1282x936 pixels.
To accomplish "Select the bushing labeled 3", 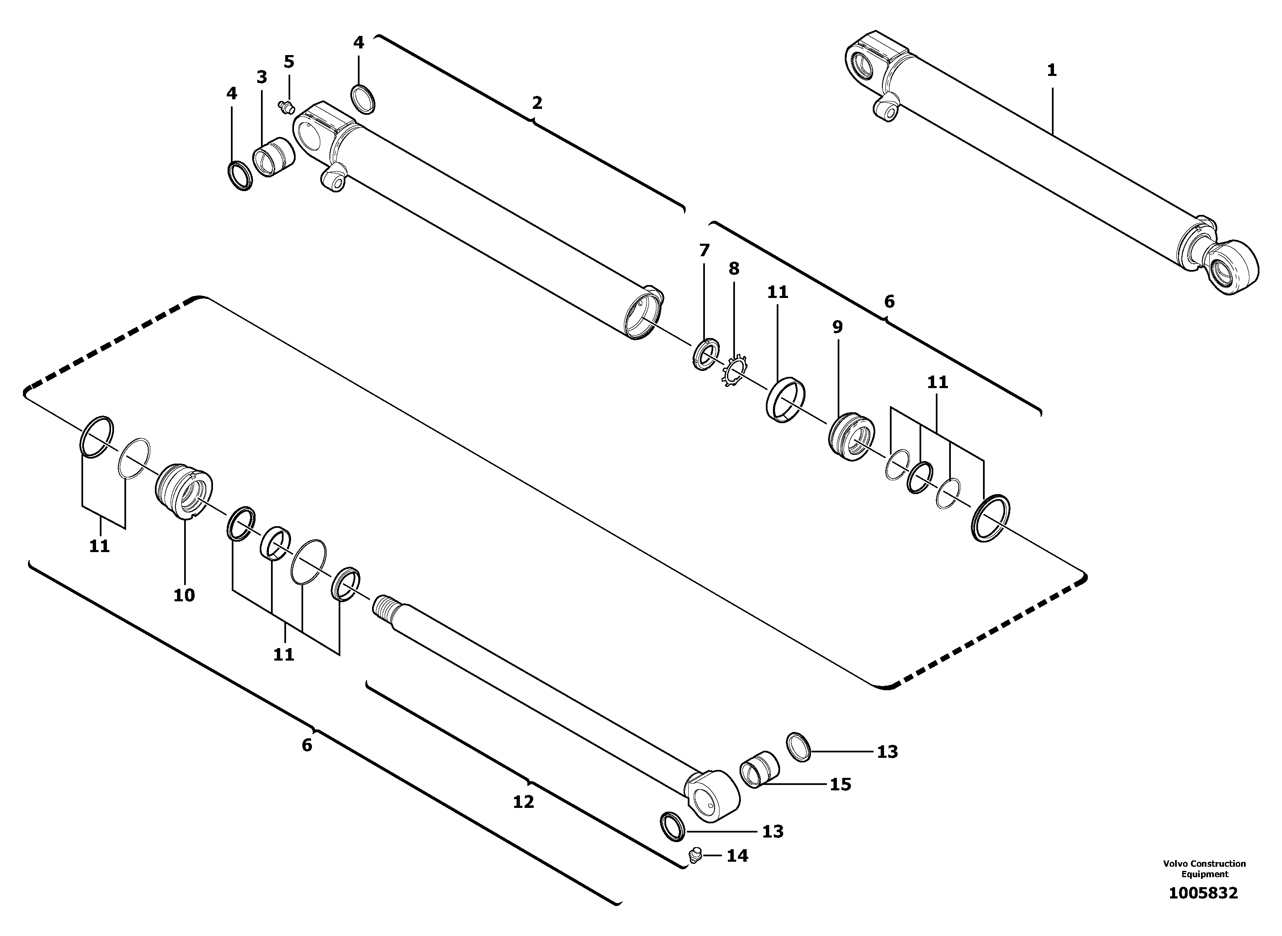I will tap(274, 156).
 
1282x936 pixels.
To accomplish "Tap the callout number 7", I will tap(704, 250).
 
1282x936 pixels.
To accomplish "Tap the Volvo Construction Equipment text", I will tap(1204, 868).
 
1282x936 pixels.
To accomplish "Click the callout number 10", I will tap(184, 595).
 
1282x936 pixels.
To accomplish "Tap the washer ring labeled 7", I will tap(706, 354).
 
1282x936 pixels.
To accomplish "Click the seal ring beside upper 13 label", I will tap(799, 747).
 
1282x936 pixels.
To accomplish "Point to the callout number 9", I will tap(837, 327).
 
